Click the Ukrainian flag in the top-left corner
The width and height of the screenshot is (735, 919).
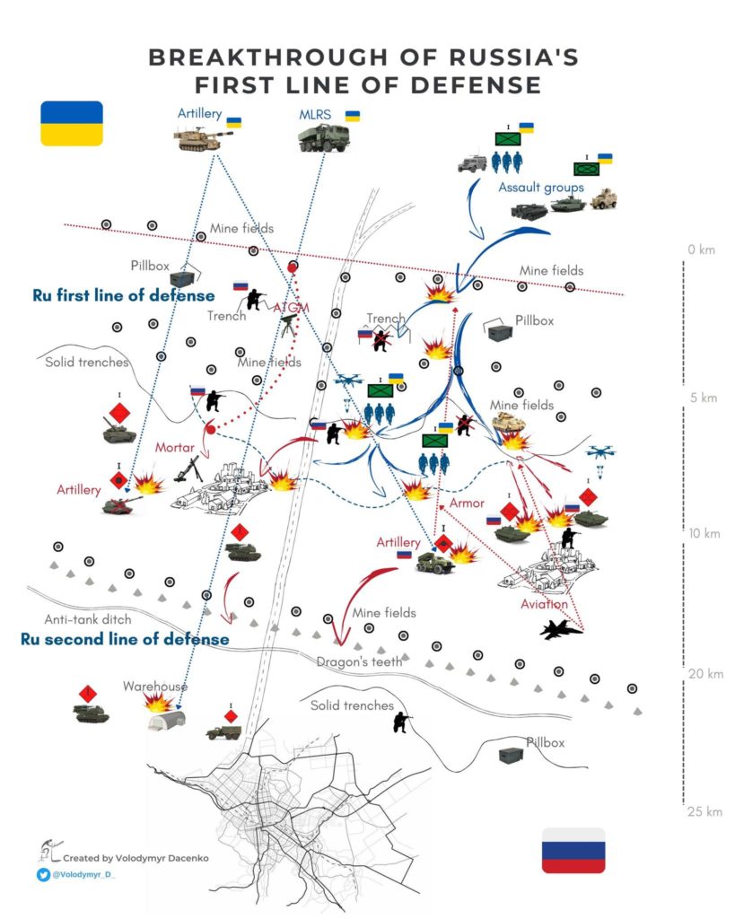pyautogui.click(x=72, y=123)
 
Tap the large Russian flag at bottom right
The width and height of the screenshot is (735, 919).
pyautogui.click(x=573, y=850)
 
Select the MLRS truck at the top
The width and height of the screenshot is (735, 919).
pyautogui.click(x=324, y=138)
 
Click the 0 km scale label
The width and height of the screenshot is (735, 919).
pyautogui.click(x=701, y=249)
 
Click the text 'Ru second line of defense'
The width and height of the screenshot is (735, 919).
pyautogui.click(x=124, y=639)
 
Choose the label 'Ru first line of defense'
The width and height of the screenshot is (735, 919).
pyautogui.click(x=124, y=294)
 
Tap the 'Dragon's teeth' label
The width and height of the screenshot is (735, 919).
pyautogui.click(x=353, y=661)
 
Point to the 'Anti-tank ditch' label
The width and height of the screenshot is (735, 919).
pyautogui.click(x=88, y=619)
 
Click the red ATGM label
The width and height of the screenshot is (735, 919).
pyautogui.click(x=291, y=308)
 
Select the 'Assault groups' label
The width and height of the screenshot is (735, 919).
pyautogui.click(x=541, y=188)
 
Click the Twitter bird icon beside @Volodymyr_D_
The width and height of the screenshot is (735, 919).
pyautogui.click(x=43, y=874)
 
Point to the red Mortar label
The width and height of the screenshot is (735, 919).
pyautogui.click(x=175, y=447)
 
